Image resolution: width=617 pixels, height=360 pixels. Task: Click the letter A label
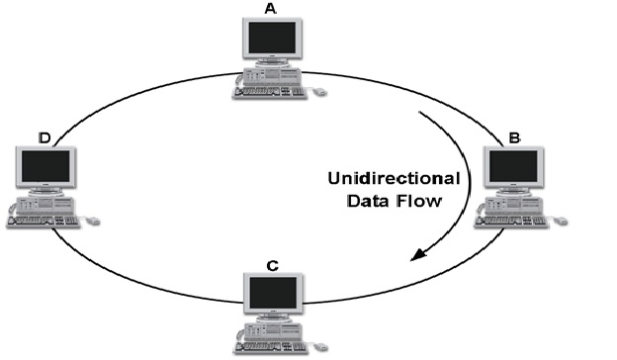270,8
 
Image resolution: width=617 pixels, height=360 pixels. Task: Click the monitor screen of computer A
270,39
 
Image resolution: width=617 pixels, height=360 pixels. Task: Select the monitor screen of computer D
45,166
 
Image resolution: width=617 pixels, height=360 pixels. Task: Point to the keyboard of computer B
507,222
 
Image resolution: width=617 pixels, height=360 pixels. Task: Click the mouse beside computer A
318,92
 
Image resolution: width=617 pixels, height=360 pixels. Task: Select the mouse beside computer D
92,221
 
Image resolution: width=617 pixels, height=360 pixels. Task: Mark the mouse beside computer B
560,221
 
